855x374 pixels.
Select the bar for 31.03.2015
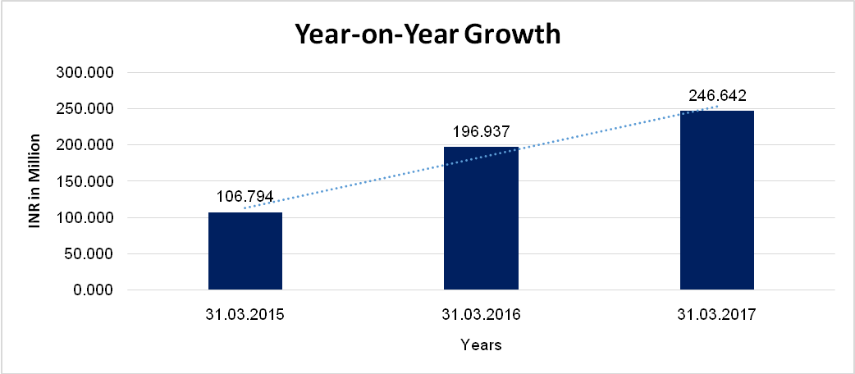[x=245, y=250]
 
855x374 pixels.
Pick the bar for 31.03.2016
[x=481, y=218]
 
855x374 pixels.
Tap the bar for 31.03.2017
[x=716, y=200]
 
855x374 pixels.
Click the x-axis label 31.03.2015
[x=245, y=314]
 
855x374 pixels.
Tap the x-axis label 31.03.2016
[x=481, y=314]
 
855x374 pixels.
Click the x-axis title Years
[x=481, y=344]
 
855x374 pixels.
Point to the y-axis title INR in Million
[x=34, y=181]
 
